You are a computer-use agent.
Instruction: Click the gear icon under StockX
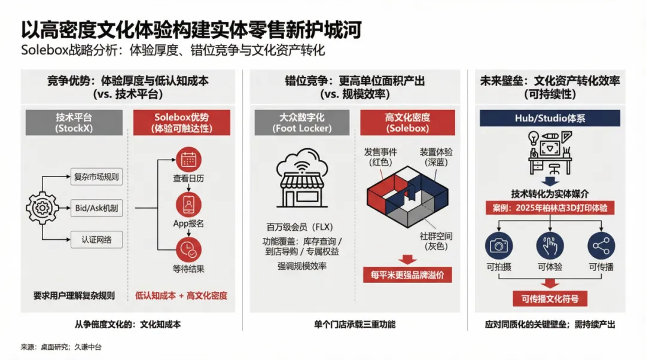coord(42,208)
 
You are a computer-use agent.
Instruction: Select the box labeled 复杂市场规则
coord(96,176)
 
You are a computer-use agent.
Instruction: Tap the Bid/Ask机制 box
coord(96,208)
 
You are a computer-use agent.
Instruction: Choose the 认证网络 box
coord(96,240)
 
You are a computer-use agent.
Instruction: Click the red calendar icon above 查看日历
coord(188,160)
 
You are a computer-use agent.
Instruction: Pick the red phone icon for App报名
coord(188,205)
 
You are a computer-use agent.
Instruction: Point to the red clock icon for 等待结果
coord(188,249)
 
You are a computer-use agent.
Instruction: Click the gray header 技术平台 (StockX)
coord(74,123)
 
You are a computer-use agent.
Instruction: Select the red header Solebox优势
coord(182,123)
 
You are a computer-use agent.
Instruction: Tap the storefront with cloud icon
coord(303,178)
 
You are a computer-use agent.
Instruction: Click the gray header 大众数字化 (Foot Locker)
coord(302,123)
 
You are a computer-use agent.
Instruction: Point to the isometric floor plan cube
coord(407,197)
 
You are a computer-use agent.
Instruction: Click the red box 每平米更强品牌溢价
coord(407,274)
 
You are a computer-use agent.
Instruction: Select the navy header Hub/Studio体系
coord(550,118)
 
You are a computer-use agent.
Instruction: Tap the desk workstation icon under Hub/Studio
coord(550,153)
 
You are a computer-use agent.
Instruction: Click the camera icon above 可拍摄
coord(499,246)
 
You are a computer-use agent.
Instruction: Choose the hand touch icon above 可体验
coord(550,246)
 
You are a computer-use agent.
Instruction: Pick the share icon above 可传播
coord(601,246)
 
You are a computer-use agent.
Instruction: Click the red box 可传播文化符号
coord(550,298)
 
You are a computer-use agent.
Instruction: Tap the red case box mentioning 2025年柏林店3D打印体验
coord(550,208)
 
